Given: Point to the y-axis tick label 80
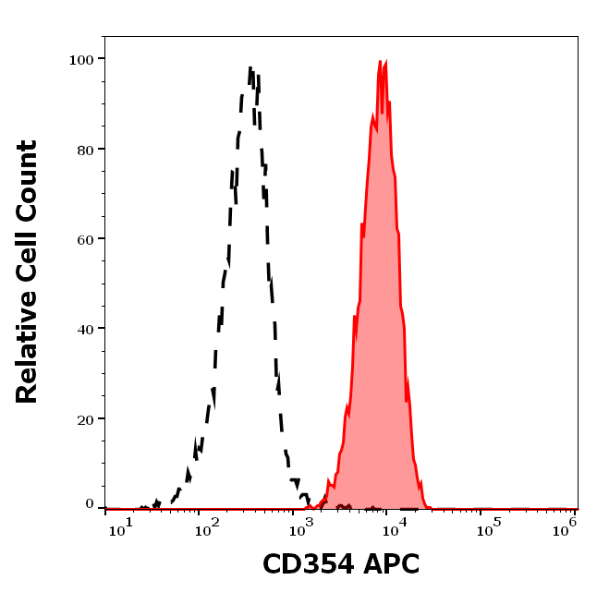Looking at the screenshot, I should pos(84,149).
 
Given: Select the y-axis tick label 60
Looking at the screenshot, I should pos(84,238).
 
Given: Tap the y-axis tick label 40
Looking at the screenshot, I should pos(84,329).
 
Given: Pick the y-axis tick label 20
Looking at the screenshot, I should pos(84,418).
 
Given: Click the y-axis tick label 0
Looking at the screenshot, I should pos(90,504).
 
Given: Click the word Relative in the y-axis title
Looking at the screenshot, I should pos(27,355).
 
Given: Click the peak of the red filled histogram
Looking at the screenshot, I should pos(381,62).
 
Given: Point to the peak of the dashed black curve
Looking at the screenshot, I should pos(251,68).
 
